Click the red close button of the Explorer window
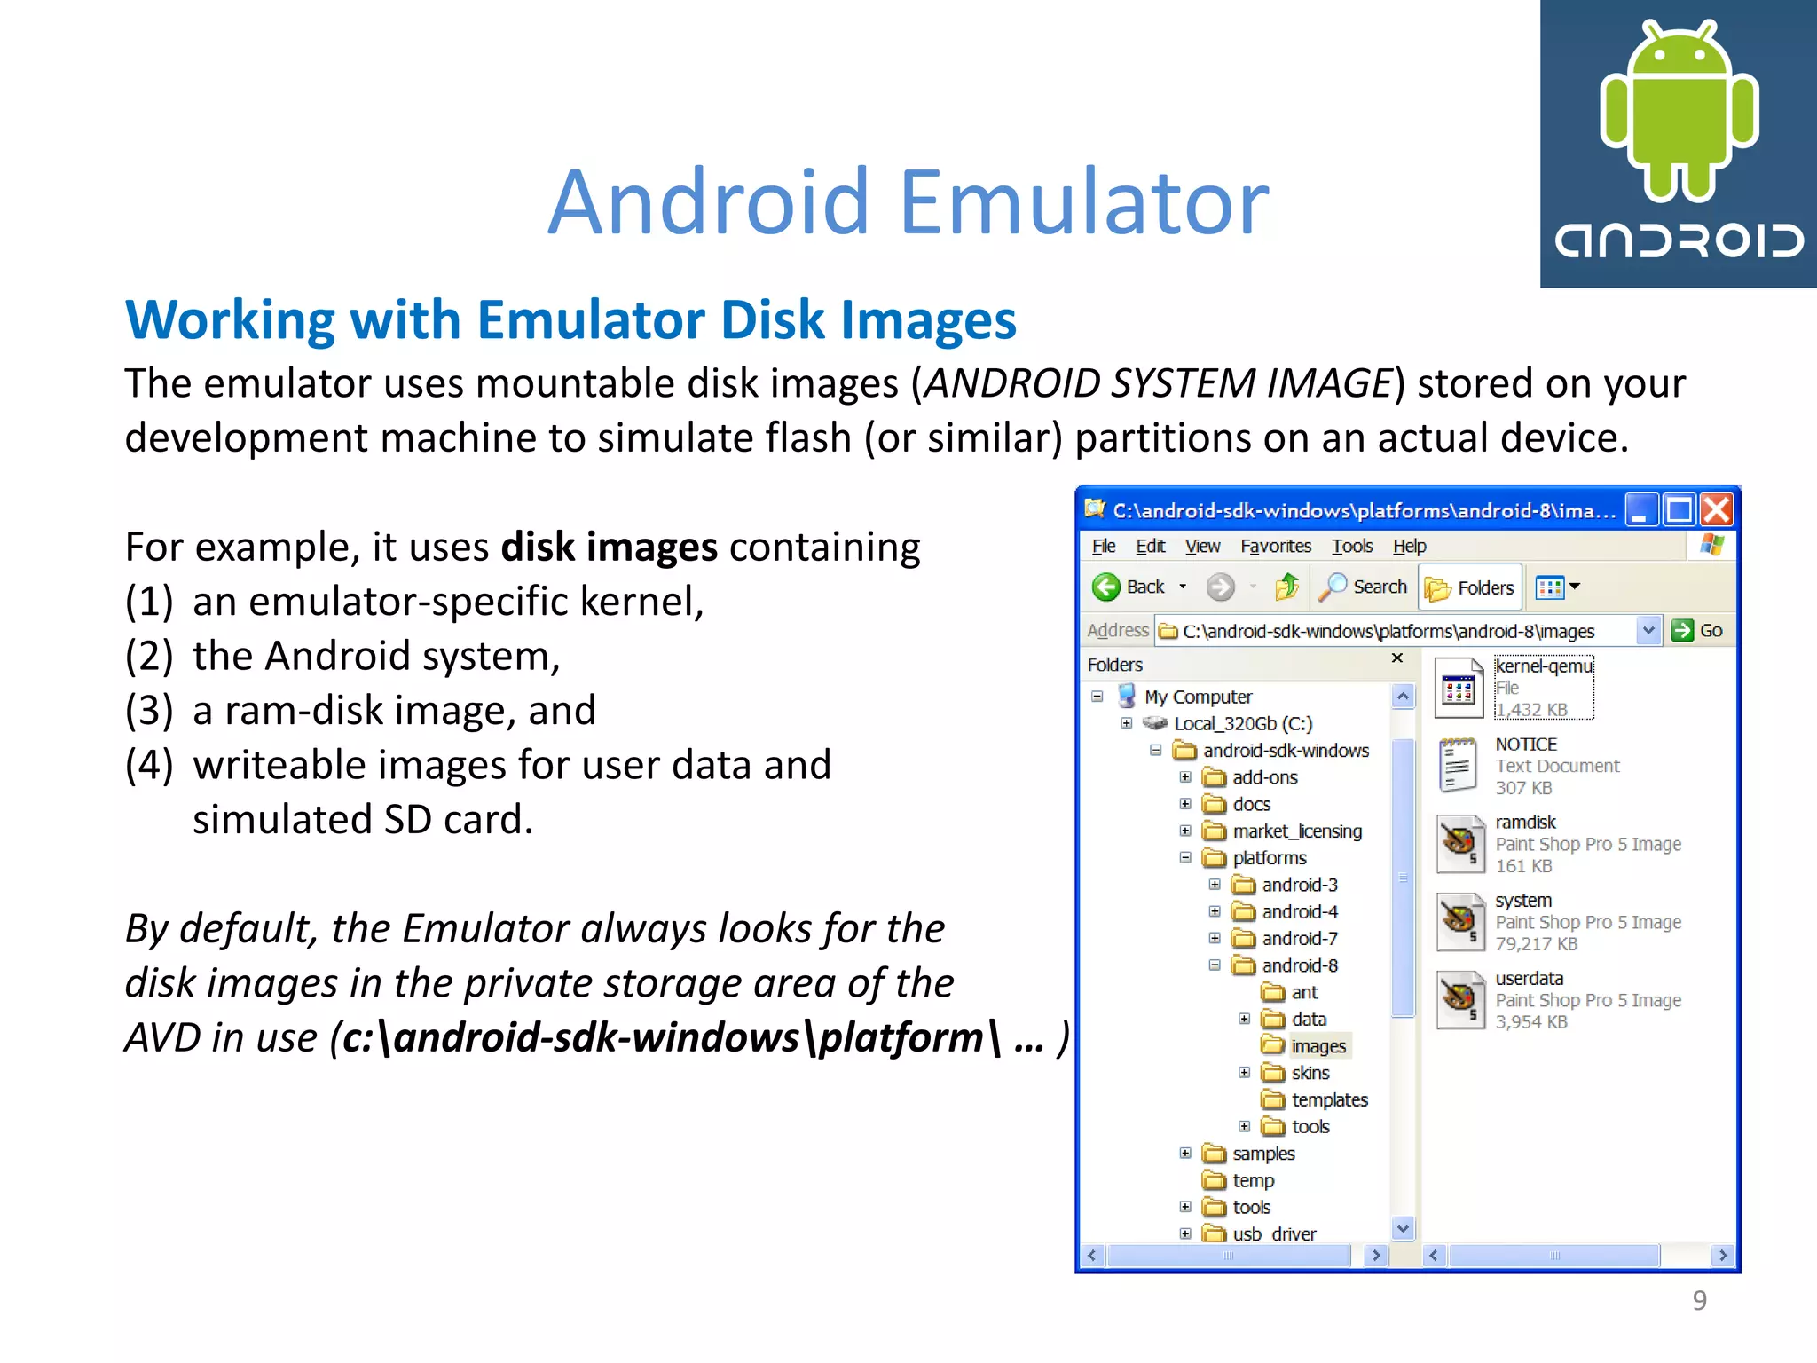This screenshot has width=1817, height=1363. [1717, 510]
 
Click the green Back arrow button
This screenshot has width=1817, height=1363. [1106, 587]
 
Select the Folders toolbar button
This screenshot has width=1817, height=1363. [1470, 587]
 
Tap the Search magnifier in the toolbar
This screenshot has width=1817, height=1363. [1333, 587]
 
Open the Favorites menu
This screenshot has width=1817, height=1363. [1275, 546]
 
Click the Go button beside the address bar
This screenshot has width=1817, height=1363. [1696, 630]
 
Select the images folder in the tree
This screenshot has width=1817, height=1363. [1318, 1046]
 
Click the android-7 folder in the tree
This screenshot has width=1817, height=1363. [1299, 938]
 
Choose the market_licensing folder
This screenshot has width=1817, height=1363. [1296, 831]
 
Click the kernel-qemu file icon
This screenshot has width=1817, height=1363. [1459, 688]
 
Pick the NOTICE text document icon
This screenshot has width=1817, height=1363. [1459, 765]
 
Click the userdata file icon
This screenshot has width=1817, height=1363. [1459, 999]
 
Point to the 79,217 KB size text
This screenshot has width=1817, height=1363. [1536, 944]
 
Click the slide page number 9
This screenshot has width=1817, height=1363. [1699, 1300]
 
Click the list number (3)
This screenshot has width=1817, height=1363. [149, 711]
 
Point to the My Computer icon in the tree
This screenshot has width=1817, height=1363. [1127, 696]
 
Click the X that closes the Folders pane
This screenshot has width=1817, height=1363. [1397, 658]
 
